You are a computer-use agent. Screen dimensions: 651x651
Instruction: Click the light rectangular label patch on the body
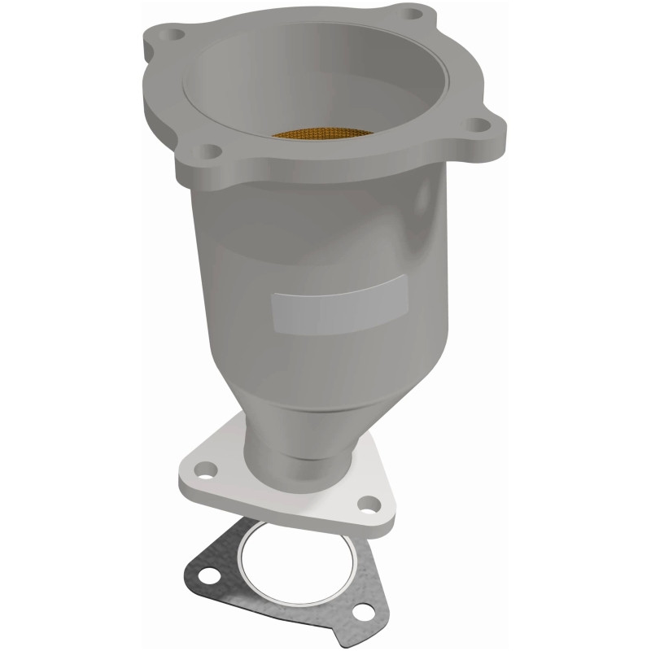tap(338, 301)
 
